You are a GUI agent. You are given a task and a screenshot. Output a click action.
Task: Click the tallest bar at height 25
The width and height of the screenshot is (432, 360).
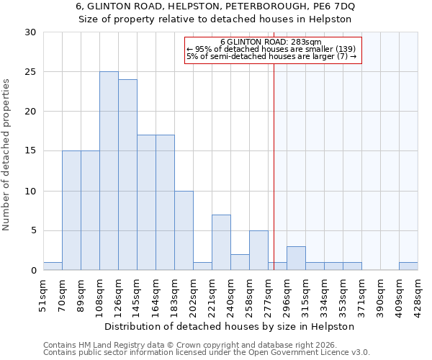click(109, 171)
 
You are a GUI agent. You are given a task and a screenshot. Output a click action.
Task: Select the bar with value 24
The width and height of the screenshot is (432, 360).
click(127, 175)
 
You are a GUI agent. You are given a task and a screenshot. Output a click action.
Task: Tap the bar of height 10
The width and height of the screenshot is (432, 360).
click(184, 230)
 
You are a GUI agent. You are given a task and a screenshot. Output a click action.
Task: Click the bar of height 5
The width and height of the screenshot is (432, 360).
click(258, 251)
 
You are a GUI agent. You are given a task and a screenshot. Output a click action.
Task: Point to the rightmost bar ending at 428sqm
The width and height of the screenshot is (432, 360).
click(408, 266)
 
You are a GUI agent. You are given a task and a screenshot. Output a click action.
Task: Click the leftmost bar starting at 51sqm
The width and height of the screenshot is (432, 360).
click(53, 266)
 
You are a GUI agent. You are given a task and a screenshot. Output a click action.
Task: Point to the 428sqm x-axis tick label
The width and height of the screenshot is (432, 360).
click(418, 293)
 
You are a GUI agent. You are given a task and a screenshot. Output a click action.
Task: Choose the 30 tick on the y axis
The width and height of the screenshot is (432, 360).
click(30, 32)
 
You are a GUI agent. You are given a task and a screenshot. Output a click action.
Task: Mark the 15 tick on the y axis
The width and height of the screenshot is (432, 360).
click(30, 151)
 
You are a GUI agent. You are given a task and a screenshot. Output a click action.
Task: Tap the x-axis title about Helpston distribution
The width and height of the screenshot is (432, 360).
click(230, 326)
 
